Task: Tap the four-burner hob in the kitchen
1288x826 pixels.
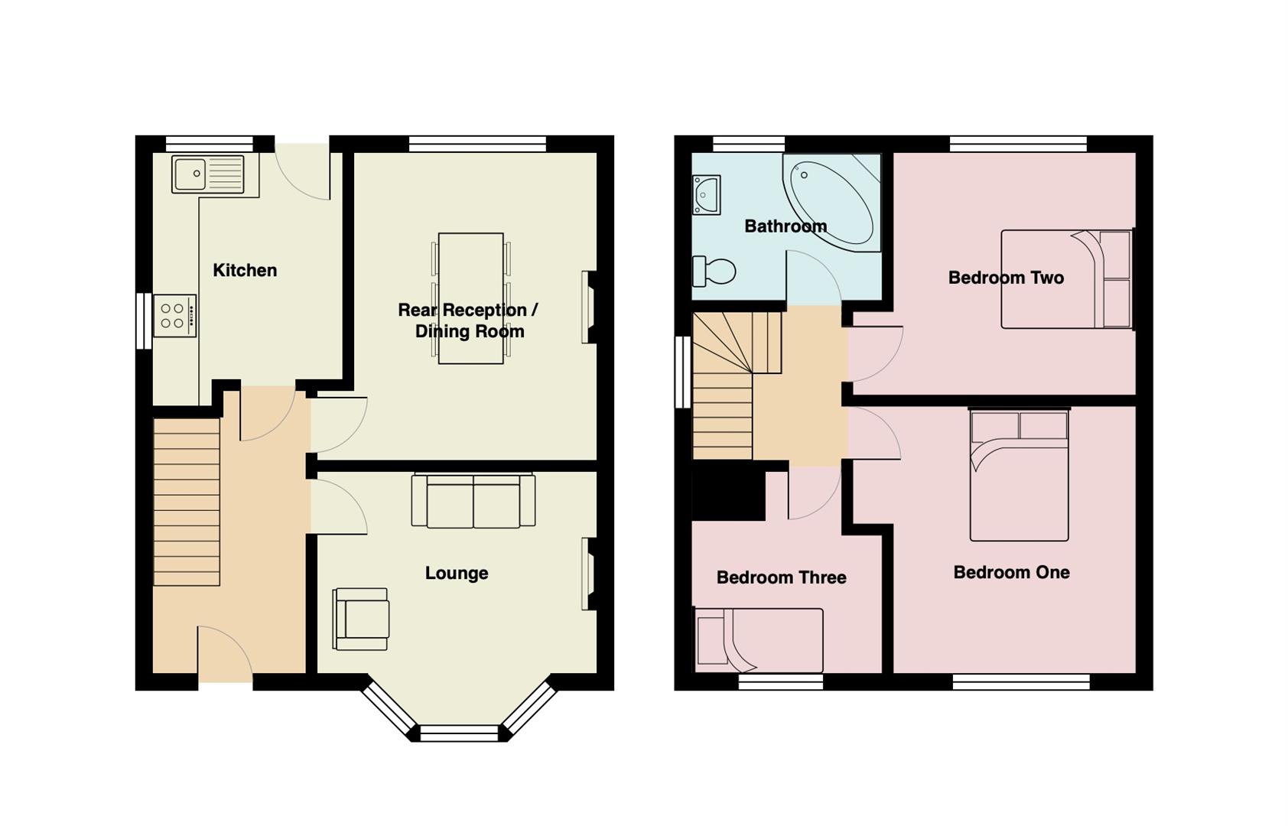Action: tap(174, 316)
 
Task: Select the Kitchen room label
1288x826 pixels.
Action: tap(245, 270)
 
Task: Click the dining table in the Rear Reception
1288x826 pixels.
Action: tap(470, 298)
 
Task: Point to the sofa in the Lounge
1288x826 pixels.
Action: tap(473, 502)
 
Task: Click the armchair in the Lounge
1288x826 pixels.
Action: tap(361, 619)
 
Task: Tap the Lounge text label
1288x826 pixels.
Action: tap(457, 573)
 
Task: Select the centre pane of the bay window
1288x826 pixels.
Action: tap(459, 734)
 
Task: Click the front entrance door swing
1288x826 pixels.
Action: tap(223, 654)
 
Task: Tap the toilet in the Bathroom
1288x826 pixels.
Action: tap(714, 271)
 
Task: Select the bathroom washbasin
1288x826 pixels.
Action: tap(706, 195)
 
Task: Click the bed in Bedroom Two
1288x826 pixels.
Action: tap(1065, 279)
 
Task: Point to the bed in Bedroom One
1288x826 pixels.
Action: tap(1019, 474)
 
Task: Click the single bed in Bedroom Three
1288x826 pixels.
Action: tap(759, 640)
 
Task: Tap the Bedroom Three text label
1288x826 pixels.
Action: tap(781, 577)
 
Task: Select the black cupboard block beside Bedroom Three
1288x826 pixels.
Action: tap(728, 495)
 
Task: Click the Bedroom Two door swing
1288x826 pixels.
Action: tap(873, 353)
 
